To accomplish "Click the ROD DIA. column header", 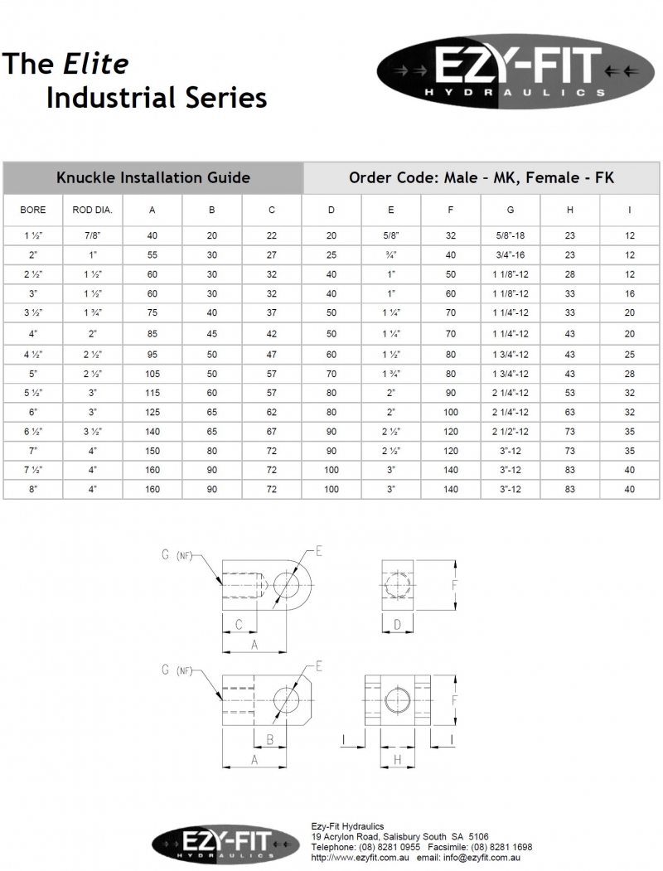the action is [92, 210].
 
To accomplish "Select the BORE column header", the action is [33, 210].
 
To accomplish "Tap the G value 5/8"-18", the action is [511, 235].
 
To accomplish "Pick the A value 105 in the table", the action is [152, 374].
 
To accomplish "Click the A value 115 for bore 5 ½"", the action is [152, 393].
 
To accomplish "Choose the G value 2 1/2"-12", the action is [511, 432].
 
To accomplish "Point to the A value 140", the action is [152, 432].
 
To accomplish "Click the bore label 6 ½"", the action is [33, 432].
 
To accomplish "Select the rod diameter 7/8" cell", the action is [92, 235].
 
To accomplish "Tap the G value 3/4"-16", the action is [511, 255].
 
